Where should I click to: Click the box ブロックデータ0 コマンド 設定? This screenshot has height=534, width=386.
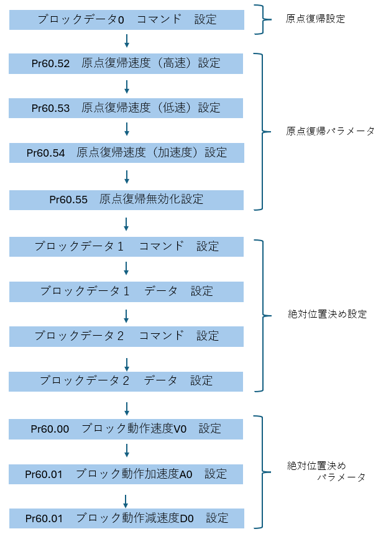coord(127,20)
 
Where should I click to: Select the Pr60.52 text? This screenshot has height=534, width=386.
coord(50,63)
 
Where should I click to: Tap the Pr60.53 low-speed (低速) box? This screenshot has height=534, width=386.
coord(126,108)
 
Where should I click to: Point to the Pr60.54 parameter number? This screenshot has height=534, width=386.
coord(45,153)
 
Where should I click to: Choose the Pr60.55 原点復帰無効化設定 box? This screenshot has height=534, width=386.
coord(126,200)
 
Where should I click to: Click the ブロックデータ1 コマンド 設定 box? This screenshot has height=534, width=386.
coord(126,247)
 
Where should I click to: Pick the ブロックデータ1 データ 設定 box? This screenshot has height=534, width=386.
coord(126,292)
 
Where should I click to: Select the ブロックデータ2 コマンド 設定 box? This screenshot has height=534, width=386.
coord(126,336)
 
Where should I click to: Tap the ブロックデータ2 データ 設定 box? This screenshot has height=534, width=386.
coord(126,382)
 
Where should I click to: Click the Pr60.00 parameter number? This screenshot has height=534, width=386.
coord(50,429)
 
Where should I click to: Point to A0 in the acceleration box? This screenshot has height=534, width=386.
coord(186,474)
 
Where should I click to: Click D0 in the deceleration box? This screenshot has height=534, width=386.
coord(186,518)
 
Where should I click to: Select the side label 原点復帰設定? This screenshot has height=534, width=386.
coord(315,19)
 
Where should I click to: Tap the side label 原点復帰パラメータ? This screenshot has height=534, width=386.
coord(330,131)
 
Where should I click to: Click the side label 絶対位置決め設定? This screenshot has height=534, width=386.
coord(327,314)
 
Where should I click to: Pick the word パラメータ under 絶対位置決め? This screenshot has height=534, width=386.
coord(341,477)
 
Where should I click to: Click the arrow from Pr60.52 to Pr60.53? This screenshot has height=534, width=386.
coord(127,87)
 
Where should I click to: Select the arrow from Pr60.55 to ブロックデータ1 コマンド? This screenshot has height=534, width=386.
coord(126,224)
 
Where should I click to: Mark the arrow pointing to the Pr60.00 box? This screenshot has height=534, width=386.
coord(127,408)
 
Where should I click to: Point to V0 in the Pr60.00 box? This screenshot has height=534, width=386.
coord(180,429)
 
